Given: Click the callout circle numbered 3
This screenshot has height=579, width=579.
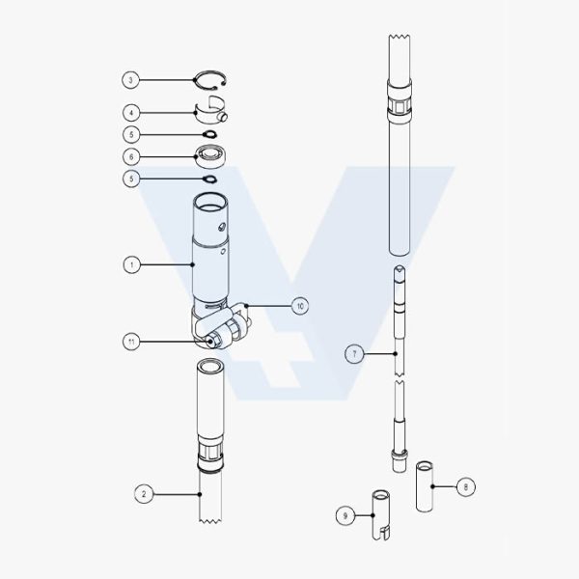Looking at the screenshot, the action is (130, 80).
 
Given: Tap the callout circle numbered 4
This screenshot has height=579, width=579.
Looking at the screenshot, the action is (131, 113).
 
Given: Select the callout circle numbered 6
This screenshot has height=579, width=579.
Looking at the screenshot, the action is (131, 157).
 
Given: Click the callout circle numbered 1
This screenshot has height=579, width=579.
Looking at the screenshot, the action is (131, 264).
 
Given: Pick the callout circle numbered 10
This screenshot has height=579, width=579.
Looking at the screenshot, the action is (300, 306).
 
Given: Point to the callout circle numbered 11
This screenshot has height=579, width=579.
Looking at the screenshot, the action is (131, 342).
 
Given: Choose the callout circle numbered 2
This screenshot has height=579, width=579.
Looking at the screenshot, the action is (144, 494).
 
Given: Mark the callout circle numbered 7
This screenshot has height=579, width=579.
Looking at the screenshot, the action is (354, 354).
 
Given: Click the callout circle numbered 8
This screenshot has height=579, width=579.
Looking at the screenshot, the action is (466, 487).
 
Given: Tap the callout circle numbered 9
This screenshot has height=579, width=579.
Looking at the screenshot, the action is (345, 515).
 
